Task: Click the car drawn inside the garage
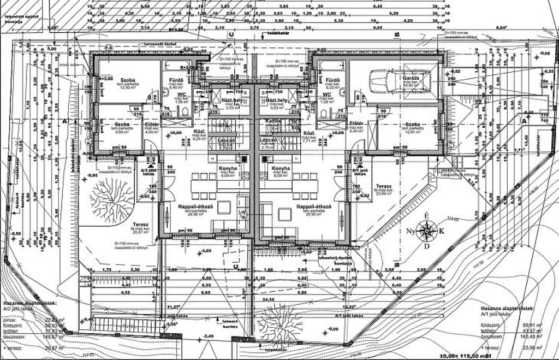pyautogui.click(x=388, y=82)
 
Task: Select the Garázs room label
pyautogui.click(x=411, y=78)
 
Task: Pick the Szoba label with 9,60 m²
pyautogui.click(x=122, y=126)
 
